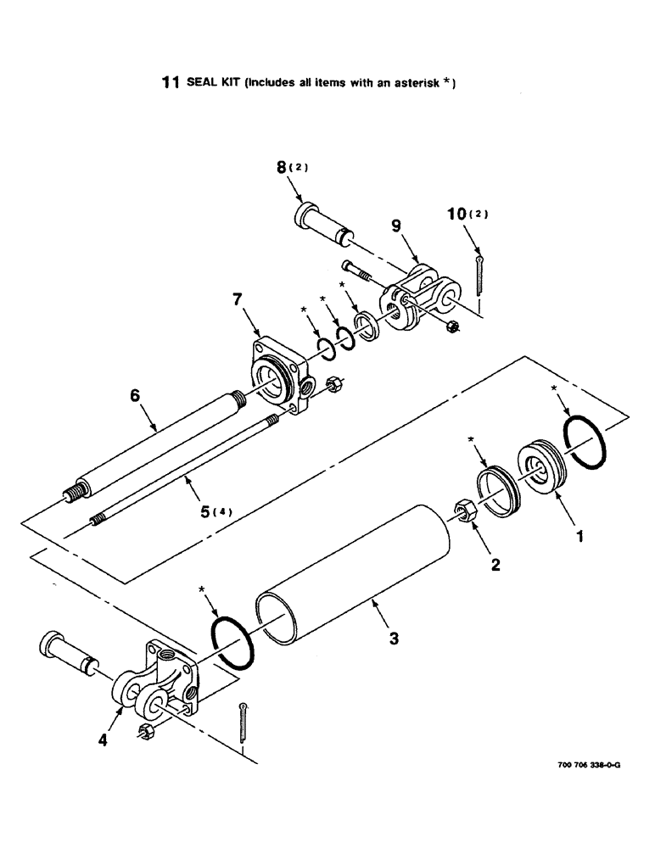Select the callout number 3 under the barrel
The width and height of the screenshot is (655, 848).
click(x=393, y=639)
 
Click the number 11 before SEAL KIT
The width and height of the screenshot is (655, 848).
click(x=171, y=83)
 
